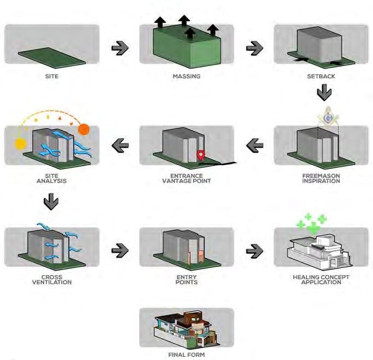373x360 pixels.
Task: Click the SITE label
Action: [x=51, y=76]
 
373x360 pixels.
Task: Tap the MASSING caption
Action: [x=186, y=76]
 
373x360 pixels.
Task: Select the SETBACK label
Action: [x=321, y=76]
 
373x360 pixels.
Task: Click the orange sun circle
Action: [x=84, y=130]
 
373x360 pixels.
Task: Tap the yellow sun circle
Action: [x=21, y=144]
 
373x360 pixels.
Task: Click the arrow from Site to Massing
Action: [x=119, y=48]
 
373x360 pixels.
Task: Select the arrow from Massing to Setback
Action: [x=254, y=48]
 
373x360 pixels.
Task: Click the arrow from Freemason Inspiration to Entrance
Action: [x=254, y=145]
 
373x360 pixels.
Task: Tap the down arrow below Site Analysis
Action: [x=51, y=202]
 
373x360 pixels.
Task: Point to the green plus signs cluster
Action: [x=311, y=223]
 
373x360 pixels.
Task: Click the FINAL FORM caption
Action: [x=186, y=354]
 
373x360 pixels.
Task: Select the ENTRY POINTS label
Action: [x=186, y=279]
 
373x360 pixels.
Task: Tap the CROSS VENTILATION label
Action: [x=51, y=279]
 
